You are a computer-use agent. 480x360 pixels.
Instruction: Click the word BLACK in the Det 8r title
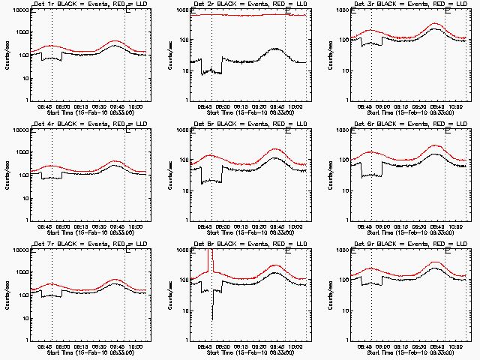coord(226,244)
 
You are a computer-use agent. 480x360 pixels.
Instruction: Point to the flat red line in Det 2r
coord(247,15)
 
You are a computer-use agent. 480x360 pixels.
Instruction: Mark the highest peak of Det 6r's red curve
coord(436,145)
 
